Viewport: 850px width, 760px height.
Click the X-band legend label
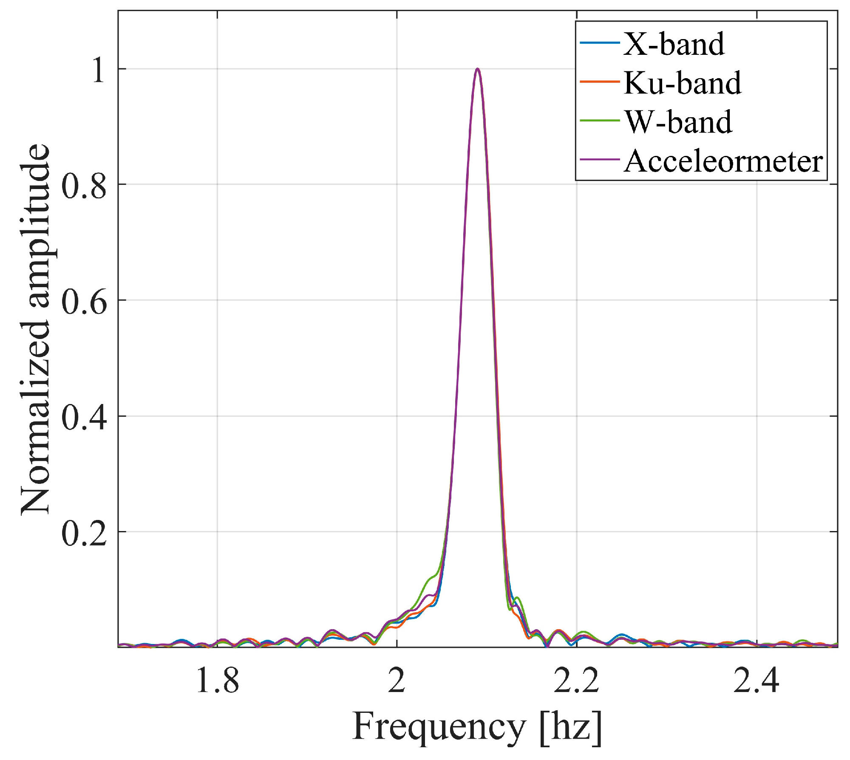pos(674,44)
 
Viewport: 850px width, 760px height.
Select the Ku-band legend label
pos(683,83)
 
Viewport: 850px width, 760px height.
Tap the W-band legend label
pos(678,122)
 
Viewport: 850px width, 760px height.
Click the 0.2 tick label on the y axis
pos(84,533)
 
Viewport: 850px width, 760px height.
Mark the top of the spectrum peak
pos(478,69)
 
